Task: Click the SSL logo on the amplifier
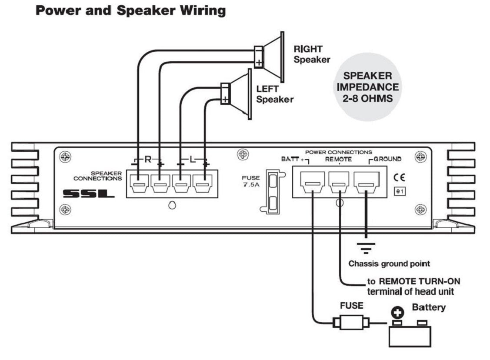pos(89,193)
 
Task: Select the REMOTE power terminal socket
pos(339,182)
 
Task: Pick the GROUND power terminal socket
pos(367,182)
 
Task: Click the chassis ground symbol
pos(366,248)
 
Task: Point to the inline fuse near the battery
pos(351,322)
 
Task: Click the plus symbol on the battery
pos(397,313)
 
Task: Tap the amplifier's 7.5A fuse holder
pos(273,192)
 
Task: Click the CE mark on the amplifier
pos(400,177)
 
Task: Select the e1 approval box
pos(400,191)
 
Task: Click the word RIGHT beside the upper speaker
pos(308,49)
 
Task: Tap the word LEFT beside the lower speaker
pos(267,89)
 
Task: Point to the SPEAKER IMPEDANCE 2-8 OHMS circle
pos(367,87)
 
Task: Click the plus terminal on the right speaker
pos(259,63)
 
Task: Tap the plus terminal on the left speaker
pos(225,100)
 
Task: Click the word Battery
pos(429,307)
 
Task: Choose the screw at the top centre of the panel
pos(243,154)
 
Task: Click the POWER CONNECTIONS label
pos(339,152)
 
